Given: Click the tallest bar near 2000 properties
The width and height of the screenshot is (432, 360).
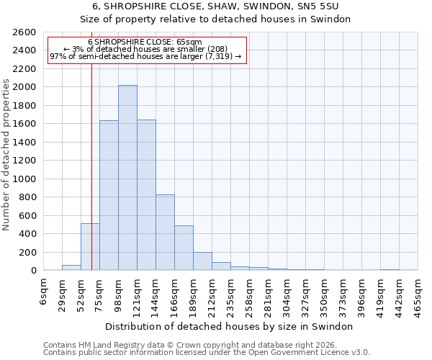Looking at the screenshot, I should pos(127,178).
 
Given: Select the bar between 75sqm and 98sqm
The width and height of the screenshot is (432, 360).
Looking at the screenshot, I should pos(109,195).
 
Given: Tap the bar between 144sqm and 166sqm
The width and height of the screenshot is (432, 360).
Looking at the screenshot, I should pos(165,233).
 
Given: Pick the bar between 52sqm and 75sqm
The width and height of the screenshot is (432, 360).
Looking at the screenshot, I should pos(90,247).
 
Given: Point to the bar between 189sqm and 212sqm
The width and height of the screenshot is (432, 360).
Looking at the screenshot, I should pos(202,261).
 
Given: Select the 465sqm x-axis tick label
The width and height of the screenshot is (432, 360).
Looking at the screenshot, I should pos(418,291).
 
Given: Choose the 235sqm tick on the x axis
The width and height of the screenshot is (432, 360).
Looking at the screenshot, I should pos(230,291).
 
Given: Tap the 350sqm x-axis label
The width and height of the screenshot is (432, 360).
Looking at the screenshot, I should pos(324,291).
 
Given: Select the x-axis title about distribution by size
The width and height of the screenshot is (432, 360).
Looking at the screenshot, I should pos(230,326).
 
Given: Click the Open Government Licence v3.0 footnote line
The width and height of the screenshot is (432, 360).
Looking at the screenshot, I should pos(207,353).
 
